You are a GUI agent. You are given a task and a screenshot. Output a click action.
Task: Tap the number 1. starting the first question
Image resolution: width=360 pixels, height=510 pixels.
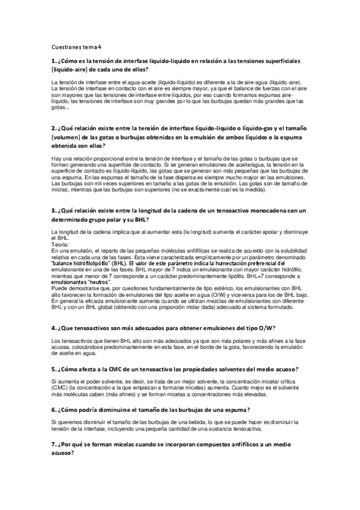click(x=53, y=61)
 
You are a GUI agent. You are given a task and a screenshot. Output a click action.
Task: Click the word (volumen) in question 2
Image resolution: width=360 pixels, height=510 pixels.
click(x=66, y=137)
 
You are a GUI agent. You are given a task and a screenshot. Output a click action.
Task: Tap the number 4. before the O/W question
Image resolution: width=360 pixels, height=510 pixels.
click(x=53, y=328)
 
